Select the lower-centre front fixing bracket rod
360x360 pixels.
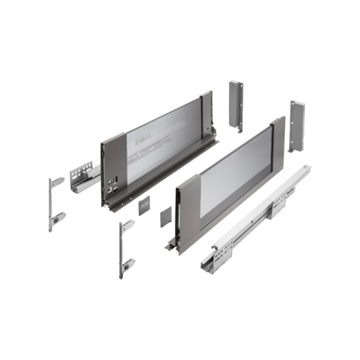[x=122, y=249]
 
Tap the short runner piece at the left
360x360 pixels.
[x=84, y=177]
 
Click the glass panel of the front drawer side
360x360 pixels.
[x=230, y=173]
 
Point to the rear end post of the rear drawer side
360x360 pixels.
[x=207, y=115]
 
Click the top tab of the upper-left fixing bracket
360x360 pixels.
[x=58, y=181]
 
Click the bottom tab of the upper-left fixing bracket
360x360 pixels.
[x=58, y=217]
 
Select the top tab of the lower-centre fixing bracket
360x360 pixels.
[x=128, y=226]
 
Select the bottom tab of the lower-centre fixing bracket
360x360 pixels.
[x=128, y=263]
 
